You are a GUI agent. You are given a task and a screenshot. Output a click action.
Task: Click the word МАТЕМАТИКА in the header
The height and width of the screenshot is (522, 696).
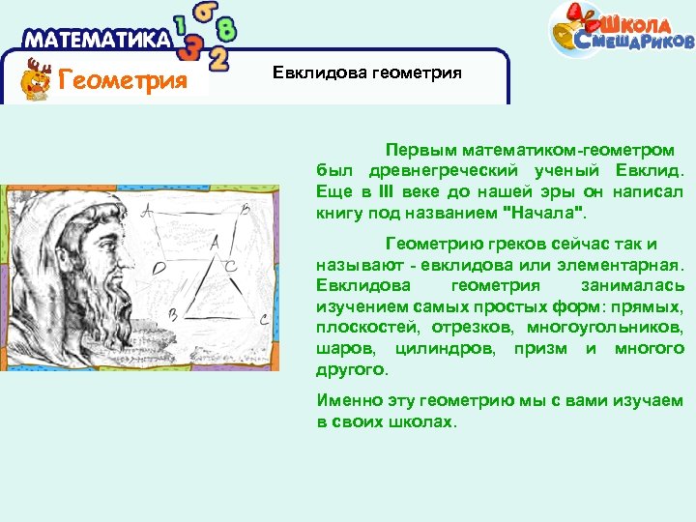[97, 40]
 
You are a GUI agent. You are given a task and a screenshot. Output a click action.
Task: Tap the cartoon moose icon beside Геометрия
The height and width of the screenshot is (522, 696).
[37, 79]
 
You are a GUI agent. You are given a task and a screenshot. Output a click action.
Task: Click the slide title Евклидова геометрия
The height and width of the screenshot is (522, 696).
[366, 72]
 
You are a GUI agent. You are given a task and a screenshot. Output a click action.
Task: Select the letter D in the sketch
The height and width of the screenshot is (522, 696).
[157, 265]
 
